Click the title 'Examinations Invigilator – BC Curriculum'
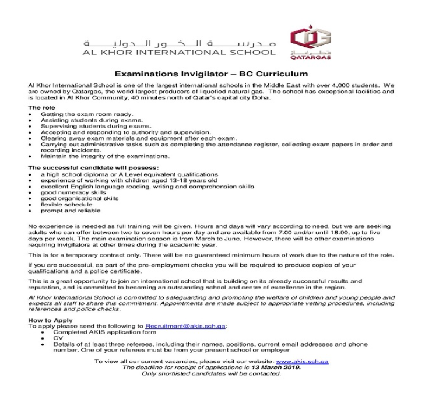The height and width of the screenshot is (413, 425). coord(211,74)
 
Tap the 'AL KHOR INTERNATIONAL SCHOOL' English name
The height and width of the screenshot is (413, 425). coord(180,52)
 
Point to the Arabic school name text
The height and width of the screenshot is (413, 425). coord(180,43)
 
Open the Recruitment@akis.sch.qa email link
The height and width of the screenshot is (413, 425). coord(185,326)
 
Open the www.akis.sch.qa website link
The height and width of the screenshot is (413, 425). coord(302,361)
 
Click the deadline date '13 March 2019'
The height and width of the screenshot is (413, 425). coord(276,367)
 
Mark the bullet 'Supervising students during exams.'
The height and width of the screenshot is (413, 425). coord(87,126)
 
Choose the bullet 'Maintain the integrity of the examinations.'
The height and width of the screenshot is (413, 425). coord(105,156)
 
